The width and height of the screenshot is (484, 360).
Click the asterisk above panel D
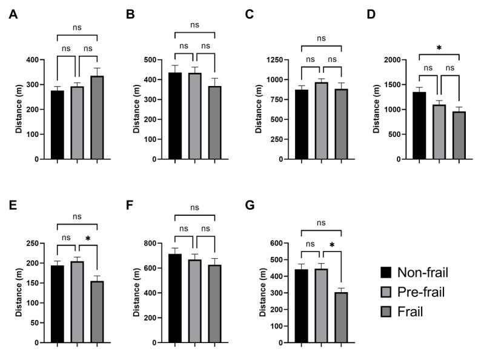440,48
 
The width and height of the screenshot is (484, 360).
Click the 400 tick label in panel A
31,60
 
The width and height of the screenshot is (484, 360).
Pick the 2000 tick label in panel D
390,60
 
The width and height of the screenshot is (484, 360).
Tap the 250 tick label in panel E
31,244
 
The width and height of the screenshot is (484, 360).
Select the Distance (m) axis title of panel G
262,293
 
